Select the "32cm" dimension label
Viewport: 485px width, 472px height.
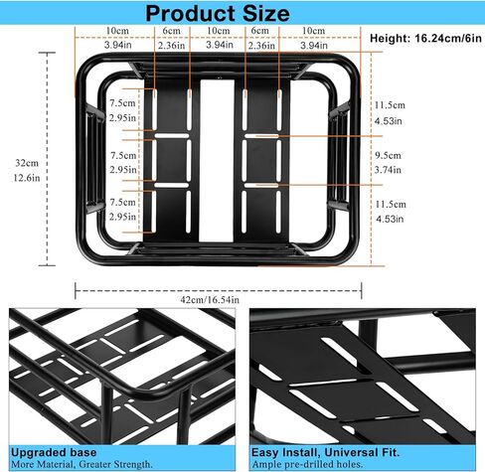(x=20, y=163)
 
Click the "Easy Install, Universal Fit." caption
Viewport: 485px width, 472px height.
(x=316, y=450)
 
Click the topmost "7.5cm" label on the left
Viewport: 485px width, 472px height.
(x=122, y=103)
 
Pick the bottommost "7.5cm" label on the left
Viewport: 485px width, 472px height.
(x=122, y=203)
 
